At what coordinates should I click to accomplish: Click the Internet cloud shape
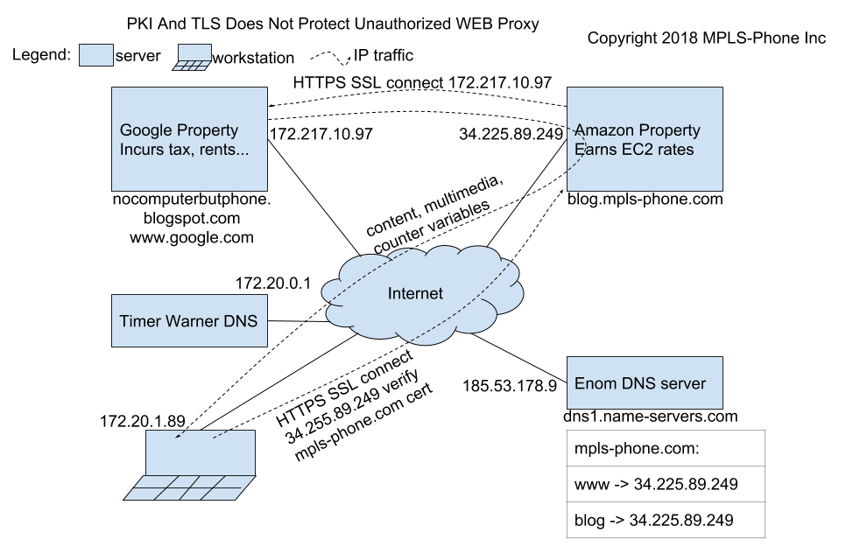[415, 293]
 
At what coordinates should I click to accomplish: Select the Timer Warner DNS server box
[189, 320]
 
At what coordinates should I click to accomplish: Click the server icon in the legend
[95, 56]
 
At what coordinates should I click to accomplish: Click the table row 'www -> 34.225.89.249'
[652, 482]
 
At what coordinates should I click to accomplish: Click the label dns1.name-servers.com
[652, 417]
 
